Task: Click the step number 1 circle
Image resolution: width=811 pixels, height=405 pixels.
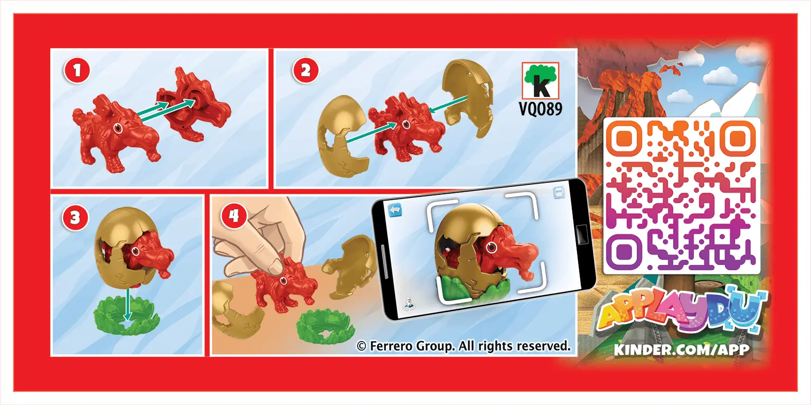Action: (77, 71)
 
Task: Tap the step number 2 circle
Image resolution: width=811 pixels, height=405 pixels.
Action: (306, 71)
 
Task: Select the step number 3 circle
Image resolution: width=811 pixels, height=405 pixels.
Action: (76, 218)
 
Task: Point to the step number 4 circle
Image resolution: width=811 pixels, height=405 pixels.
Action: (234, 216)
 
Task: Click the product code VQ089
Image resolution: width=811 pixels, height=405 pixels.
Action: (541, 109)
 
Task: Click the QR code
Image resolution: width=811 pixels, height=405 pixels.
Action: (682, 195)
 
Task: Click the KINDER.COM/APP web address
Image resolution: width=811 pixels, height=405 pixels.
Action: (682, 350)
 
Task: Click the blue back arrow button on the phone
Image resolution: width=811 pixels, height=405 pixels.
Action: (395, 210)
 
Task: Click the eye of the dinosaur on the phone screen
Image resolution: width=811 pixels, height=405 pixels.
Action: (492, 248)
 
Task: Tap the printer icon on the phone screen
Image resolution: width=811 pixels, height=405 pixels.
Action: (559, 193)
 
